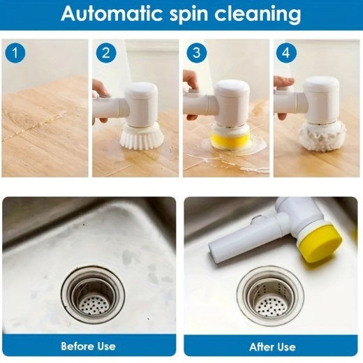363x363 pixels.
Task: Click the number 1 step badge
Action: (15, 52)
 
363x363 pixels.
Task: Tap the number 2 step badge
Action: (105, 52)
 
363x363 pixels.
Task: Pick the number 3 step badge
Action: (196, 52)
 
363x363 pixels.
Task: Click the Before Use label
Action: (88, 346)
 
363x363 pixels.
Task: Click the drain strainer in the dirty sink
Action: (91, 292)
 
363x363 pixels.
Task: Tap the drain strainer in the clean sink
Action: (269, 294)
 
